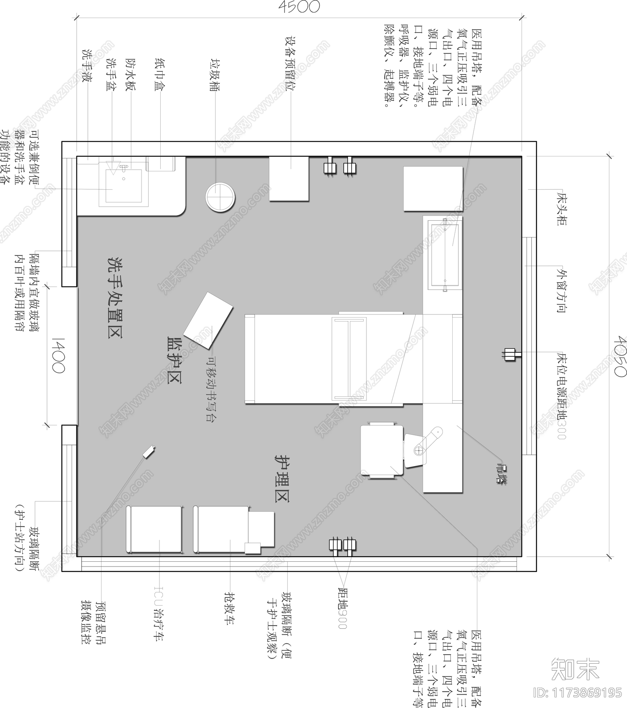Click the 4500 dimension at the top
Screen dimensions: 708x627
299,7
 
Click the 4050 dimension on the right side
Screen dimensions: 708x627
620,356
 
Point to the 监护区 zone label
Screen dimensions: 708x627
174,360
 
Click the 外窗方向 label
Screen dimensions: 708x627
561,290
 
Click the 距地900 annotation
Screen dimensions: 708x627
342,608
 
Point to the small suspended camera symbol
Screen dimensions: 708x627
149,452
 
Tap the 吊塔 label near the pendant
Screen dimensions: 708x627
501,474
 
